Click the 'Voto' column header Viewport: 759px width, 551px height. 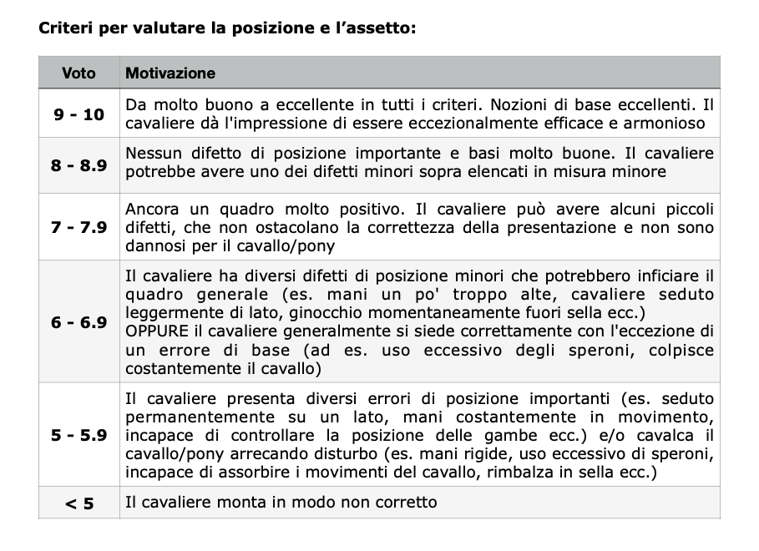pos(78,73)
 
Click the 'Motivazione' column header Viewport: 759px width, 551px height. pos(170,73)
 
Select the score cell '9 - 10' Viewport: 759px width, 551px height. pos(78,114)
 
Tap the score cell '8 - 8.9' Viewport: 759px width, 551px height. pos(78,164)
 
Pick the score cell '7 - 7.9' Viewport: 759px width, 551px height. pos(78,226)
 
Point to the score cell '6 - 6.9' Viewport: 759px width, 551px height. pos(78,322)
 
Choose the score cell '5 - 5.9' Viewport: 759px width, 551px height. pos(78,435)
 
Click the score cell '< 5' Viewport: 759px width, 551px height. pos(78,503)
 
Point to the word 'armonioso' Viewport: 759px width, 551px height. pos(672,124)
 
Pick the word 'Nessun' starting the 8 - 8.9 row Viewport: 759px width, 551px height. pos(152,154)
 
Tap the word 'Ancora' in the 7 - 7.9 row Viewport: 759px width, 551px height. pos(151,209)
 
